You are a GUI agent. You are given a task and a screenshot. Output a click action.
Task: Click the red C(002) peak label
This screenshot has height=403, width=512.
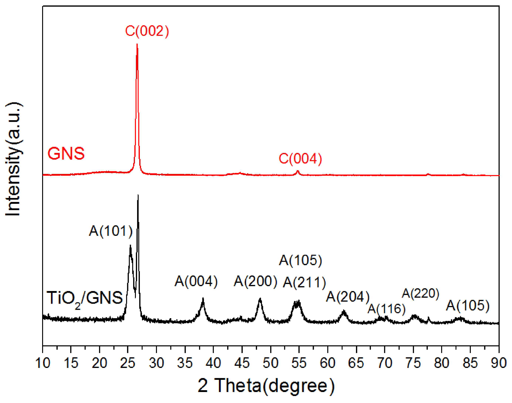pos(147,31)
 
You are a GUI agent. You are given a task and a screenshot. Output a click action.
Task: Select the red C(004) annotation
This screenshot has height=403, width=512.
pos(300,159)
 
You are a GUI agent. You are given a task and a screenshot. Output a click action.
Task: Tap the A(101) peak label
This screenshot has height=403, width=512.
pos(111,231)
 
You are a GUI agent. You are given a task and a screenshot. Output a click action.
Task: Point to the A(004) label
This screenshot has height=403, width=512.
pos(196,281)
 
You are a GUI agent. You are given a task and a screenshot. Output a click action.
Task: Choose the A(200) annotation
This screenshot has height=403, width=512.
pos(255,281)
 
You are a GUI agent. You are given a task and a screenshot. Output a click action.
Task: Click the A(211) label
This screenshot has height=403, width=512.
pos(304,282)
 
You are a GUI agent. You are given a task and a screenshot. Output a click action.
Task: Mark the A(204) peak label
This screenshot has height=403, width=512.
pos(348,297)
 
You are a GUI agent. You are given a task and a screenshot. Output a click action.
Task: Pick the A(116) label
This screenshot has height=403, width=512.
pos(386,309)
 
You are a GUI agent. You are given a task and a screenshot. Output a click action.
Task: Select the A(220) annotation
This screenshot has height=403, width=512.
pos(420,293)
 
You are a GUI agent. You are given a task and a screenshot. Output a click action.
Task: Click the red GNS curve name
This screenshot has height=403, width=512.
pos(66,153)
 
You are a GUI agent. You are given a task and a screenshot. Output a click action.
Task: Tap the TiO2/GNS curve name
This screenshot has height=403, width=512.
pos(85,298)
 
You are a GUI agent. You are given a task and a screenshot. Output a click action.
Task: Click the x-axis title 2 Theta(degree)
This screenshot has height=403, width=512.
pos(266,386)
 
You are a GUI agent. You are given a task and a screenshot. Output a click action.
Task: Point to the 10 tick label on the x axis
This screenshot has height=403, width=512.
pos(42,363)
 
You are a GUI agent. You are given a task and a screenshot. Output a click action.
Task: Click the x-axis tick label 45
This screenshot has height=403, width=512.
pos(242,363)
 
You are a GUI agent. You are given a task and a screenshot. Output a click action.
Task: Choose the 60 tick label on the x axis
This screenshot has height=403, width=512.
pos(327,363)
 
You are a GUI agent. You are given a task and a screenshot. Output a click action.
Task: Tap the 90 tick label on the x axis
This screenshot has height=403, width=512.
pos(499,363)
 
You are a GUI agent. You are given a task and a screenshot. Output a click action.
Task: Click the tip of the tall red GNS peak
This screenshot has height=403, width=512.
pos(137,45)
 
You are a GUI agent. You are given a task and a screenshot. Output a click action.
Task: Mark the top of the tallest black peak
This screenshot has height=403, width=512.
pos(138,195)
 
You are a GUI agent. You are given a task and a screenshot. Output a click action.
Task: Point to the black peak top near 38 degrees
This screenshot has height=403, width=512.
pos(203,298)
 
